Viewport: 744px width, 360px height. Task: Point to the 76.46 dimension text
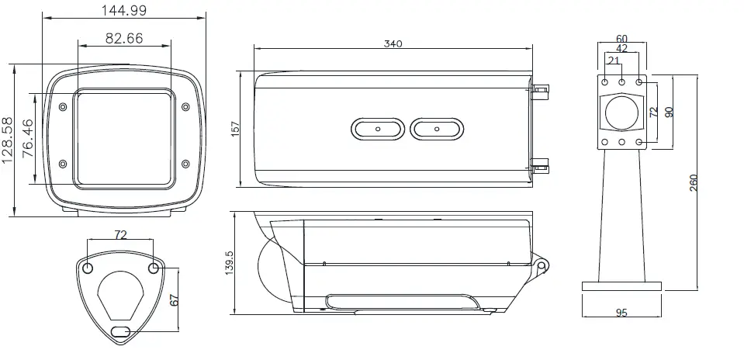click(x=28, y=139)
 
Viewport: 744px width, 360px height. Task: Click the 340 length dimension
click(x=393, y=44)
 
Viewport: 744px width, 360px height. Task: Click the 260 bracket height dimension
click(x=694, y=183)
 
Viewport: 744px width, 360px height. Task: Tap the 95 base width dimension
click(x=621, y=313)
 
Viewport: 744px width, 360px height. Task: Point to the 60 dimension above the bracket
click(x=621, y=38)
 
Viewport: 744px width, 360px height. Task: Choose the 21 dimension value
click(x=614, y=61)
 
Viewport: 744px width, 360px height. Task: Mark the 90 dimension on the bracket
click(x=669, y=111)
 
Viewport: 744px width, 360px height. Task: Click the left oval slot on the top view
click(x=378, y=130)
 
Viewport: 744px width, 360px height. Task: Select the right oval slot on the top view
click(x=437, y=130)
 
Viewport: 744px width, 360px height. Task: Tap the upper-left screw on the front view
click(x=63, y=106)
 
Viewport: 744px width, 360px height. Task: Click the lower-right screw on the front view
click(x=185, y=163)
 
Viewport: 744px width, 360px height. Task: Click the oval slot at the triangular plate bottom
click(x=120, y=331)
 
